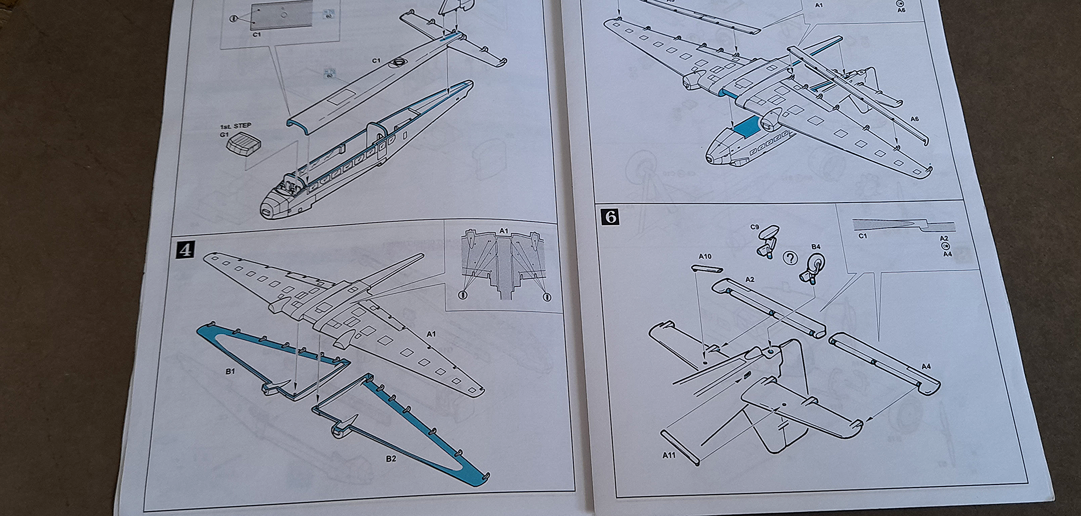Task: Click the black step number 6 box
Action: (611, 217)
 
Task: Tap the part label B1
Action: (230, 371)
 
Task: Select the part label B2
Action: (391, 459)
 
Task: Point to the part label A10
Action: (705, 256)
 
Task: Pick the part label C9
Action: (755, 227)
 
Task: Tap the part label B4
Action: (816, 247)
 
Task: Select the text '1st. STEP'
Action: (235, 126)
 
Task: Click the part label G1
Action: (225, 135)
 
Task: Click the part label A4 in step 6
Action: (926, 366)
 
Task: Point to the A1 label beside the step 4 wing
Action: (431, 334)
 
